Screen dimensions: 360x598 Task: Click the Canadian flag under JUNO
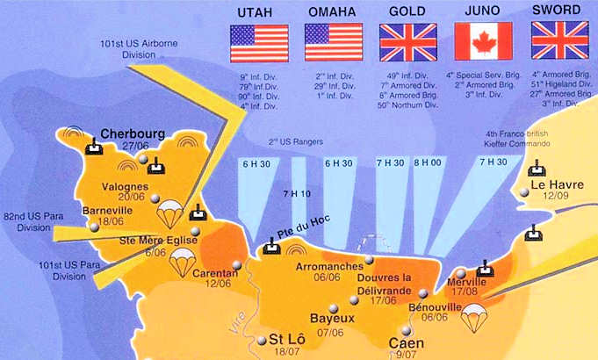coord(484,41)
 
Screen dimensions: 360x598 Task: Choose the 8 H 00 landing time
coord(429,163)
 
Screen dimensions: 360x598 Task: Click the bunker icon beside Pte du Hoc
coord(272,247)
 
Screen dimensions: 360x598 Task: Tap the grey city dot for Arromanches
coord(370,260)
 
